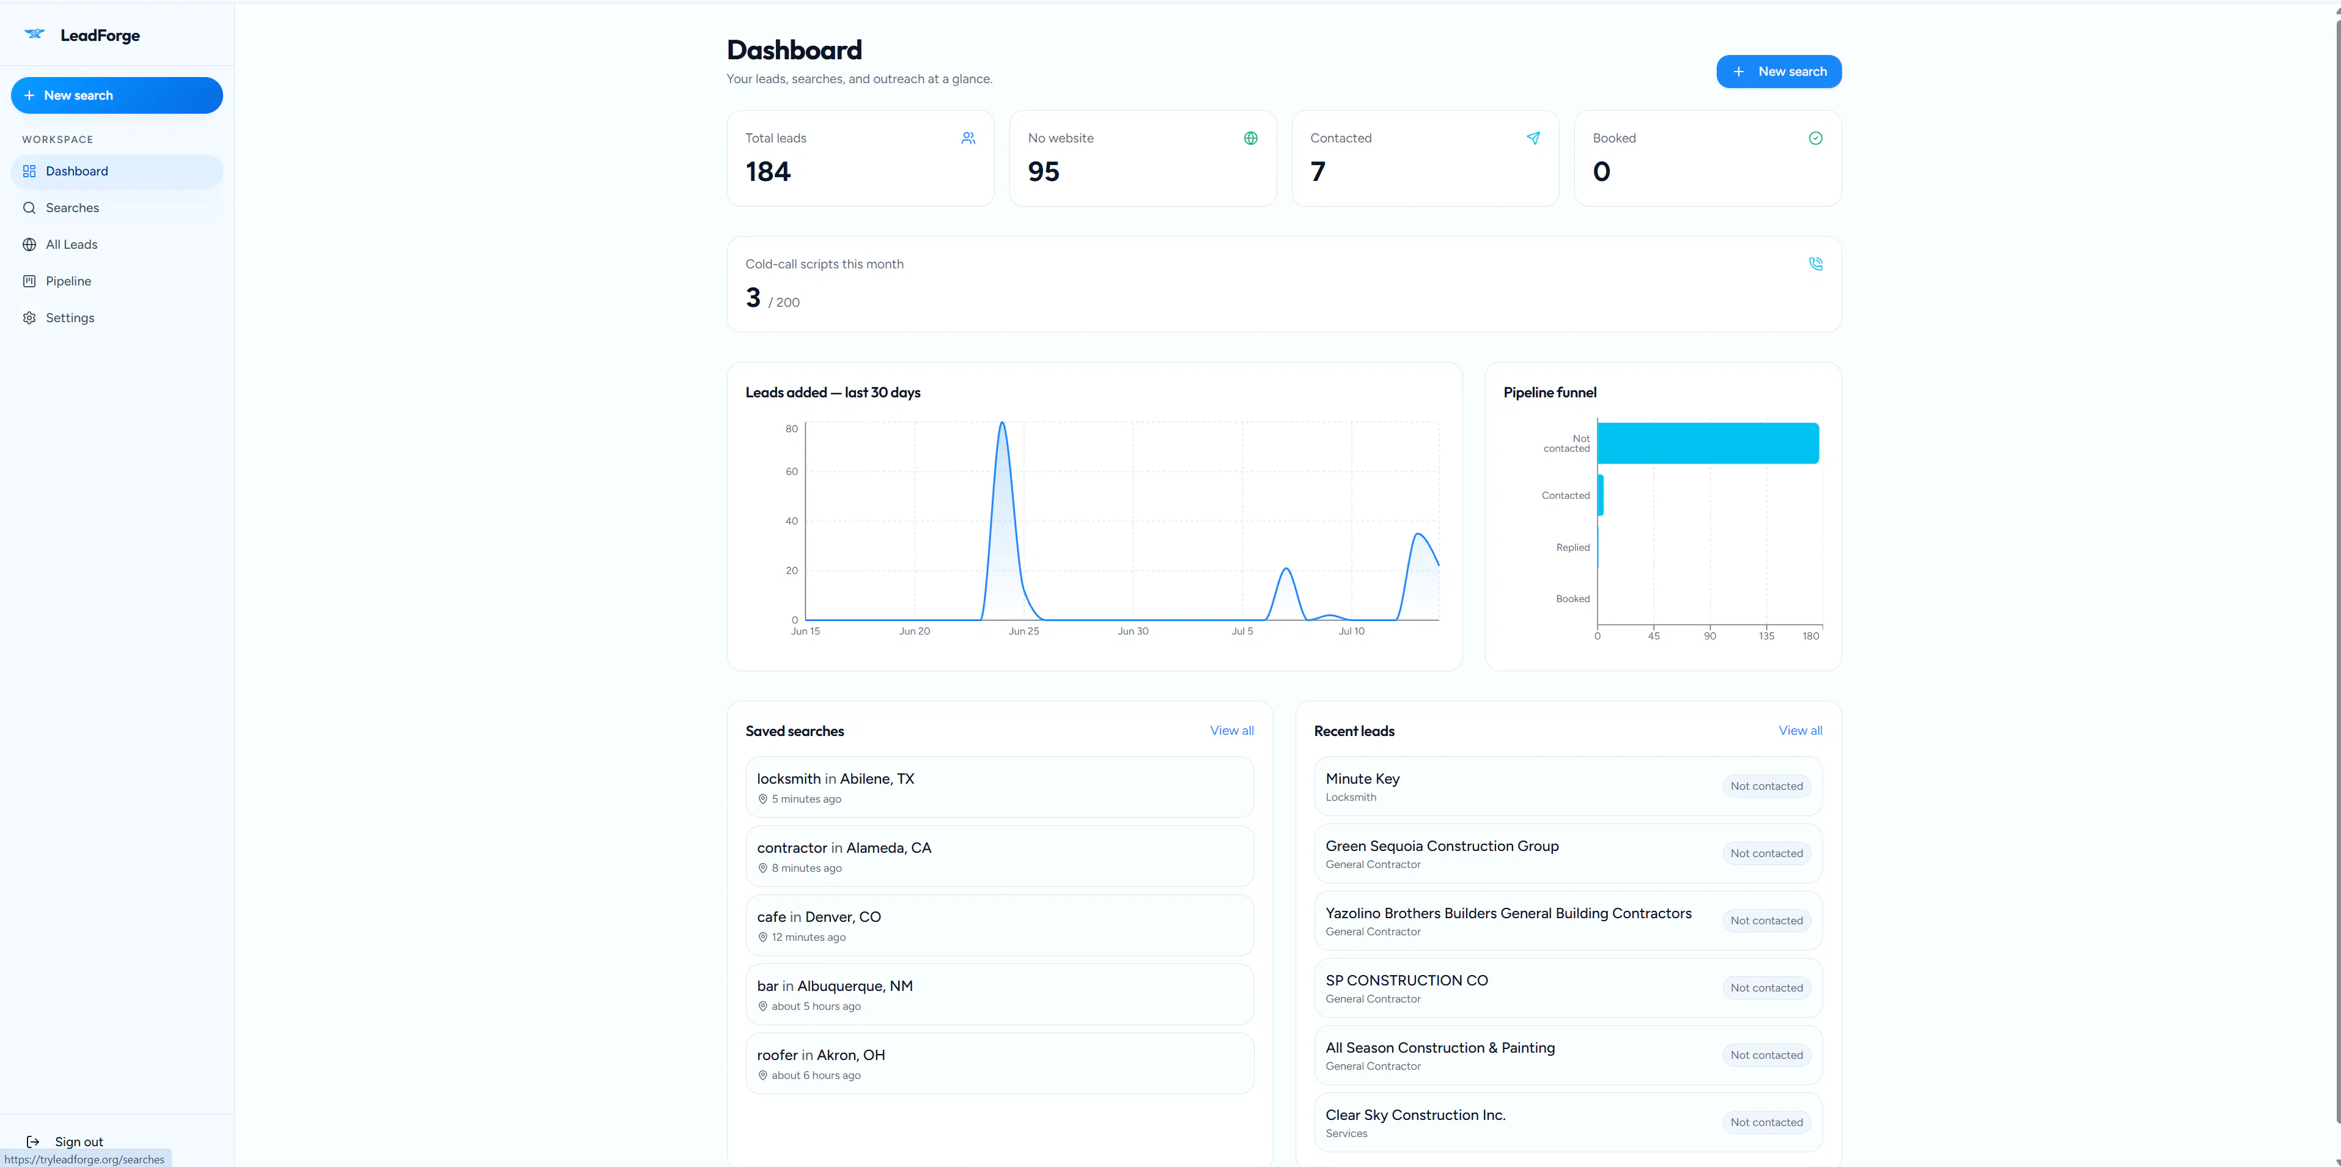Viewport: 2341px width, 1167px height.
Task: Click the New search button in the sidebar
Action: click(x=116, y=95)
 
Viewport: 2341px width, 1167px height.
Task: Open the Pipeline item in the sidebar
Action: click(x=68, y=281)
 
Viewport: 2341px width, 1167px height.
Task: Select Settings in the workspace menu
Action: click(x=70, y=318)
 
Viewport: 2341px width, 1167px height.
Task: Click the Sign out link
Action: click(x=78, y=1141)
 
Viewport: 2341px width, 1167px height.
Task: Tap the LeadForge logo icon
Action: click(x=34, y=34)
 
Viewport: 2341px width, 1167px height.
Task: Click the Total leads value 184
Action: click(x=768, y=172)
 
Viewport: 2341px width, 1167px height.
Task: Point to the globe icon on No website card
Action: click(x=1250, y=138)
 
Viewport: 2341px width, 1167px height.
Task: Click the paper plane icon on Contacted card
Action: click(x=1533, y=138)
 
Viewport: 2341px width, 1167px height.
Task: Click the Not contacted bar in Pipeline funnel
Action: click(x=1708, y=444)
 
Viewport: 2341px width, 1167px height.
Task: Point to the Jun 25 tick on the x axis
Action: click(x=1023, y=631)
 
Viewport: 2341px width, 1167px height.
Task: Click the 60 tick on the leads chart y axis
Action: click(x=792, y=472)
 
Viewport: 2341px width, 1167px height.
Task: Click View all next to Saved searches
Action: click(x=1231, y=731)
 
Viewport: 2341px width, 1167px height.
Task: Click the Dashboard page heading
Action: click(x=794, y=50)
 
